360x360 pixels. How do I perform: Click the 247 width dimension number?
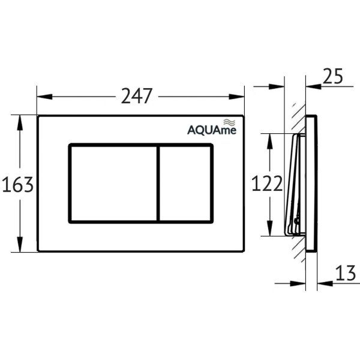[137, 96]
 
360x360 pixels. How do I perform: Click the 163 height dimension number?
[17, 185]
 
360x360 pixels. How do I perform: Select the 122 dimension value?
[268, 185]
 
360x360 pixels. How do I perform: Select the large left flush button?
[113, 184]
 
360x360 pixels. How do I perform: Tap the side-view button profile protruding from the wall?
[295, 184]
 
